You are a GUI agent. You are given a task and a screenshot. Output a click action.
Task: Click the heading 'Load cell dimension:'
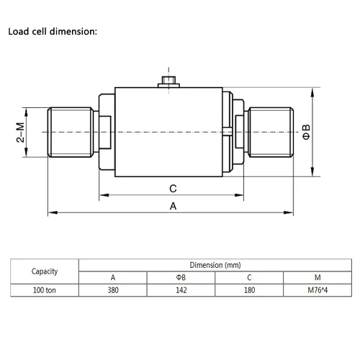click(53, 32)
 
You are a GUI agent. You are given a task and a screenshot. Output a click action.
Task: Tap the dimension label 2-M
click(20, 132)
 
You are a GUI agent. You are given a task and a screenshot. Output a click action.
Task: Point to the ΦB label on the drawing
click(306, 132)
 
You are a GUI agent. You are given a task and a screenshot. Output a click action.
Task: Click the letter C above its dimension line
click(173, 189)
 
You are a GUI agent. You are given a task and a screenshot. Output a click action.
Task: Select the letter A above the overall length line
click(173, 206)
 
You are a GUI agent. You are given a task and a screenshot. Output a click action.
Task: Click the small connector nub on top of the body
click(168, 82)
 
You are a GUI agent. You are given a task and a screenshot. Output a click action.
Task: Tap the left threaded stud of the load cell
click(71, 132)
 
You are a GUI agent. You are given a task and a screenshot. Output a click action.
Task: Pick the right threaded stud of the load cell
click(271, 132)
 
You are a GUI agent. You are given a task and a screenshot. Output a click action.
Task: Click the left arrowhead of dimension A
click(53, 212)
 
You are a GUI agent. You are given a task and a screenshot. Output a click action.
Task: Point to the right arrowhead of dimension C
click(239, 195)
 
